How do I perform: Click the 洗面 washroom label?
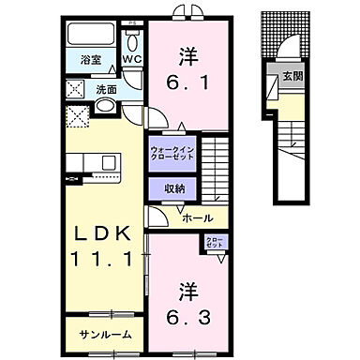(x=106, y=90)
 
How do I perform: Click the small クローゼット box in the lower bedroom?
(x=214, y=246)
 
